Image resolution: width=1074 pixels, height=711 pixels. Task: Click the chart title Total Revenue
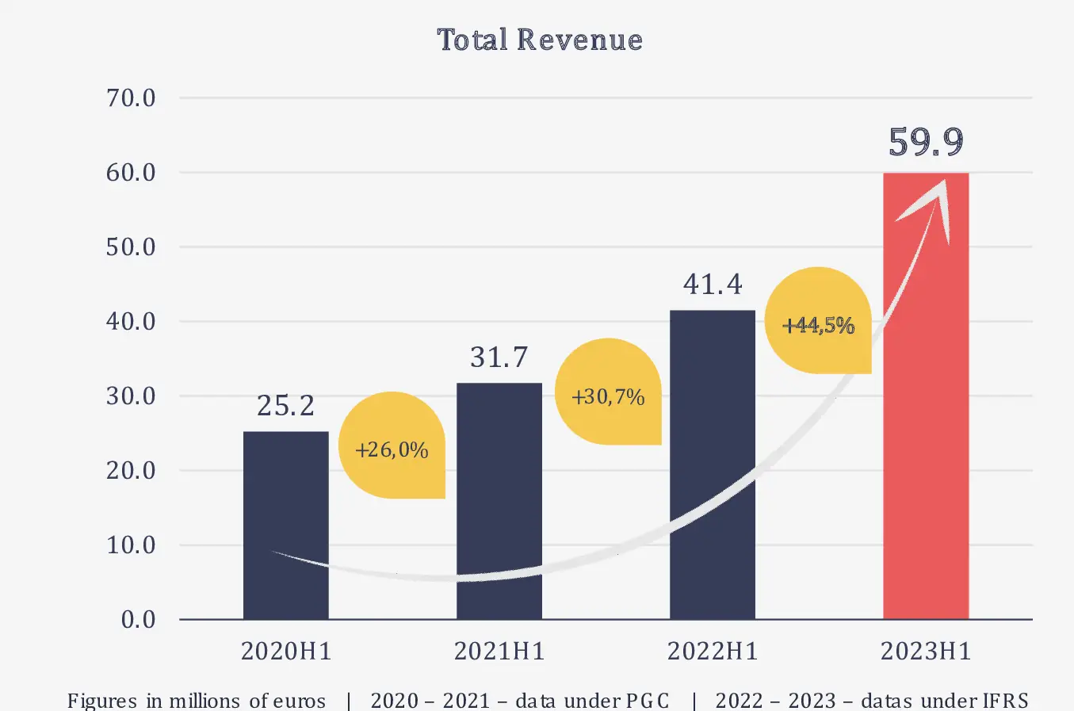(x=540, y=40)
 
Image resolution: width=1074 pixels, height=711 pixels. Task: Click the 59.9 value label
(x=926, y=142)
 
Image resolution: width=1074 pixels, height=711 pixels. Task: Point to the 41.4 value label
(x=713, y=284)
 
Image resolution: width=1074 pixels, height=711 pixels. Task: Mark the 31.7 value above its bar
(x=499, y=357)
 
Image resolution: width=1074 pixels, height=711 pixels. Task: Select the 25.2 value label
(x=285, y=406)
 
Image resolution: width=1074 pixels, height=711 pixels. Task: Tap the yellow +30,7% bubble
(x=608, y=395)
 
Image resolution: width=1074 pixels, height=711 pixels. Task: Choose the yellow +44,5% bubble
(x=818, y=323)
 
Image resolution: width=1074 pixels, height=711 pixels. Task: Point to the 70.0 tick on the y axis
(x=131, y=98)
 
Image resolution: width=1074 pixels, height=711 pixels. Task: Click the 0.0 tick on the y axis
(x=138, y=620)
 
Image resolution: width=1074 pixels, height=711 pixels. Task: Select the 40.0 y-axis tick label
(x=131, y=322)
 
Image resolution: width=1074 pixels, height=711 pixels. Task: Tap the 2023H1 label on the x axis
(x=926, y=652)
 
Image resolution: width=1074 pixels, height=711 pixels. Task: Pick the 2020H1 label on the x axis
(x=285, y=652)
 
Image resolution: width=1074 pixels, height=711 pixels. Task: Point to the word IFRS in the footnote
(x=1006, y=701)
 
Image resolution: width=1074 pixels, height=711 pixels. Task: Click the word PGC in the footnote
(x=648, y=701)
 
